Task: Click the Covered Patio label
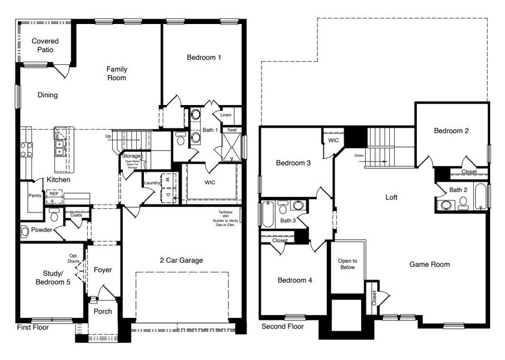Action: click(x=45, y=45)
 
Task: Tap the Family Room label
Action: click(x=117, y=73)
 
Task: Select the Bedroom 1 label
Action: click(x=204, y=58)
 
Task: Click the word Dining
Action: click(x=47, y=95)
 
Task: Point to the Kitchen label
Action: click(x=59, y=179)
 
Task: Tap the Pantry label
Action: click(x=34, y=196)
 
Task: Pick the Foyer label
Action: click(x=103, y=270)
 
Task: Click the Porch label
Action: click(x=103, y=311)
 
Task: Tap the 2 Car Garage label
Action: click(x=181, y=260)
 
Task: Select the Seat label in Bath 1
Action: click(x=232, y=130)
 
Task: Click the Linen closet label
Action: click(x=226, y=115)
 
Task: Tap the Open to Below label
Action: click(x=347, y=264)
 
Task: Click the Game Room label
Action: click(x=429, y=264)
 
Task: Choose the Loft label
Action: click(x=391, y=197)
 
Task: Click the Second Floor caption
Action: click(x=282, y=326)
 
